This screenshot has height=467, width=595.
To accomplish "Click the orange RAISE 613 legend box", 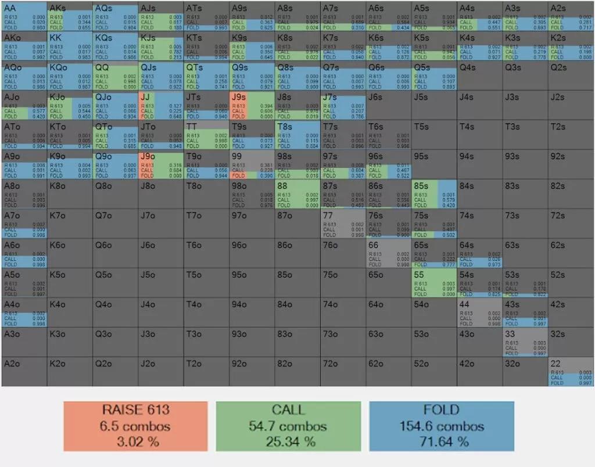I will (x=135, y=426).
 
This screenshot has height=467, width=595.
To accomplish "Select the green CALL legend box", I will (x=288, y=426).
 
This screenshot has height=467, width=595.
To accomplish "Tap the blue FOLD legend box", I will (x=442, y=426).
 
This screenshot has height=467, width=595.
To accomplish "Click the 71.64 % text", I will (x=442, y=441).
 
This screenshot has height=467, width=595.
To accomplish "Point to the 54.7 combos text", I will (x=288, y=426).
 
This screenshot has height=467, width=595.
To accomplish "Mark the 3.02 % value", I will (x=135, y=441).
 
